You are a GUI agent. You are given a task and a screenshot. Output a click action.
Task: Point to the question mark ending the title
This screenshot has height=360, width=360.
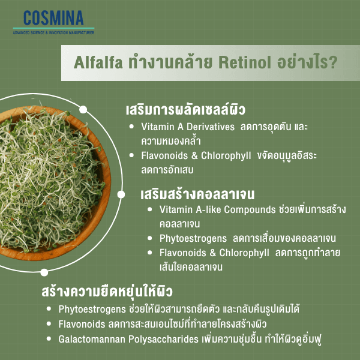coord(332,63)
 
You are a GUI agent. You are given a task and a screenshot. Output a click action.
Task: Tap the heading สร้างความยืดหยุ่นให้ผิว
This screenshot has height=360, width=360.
coord(107,292)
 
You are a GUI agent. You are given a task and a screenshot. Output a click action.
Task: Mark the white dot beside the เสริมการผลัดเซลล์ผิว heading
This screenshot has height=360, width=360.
coord(83,110)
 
